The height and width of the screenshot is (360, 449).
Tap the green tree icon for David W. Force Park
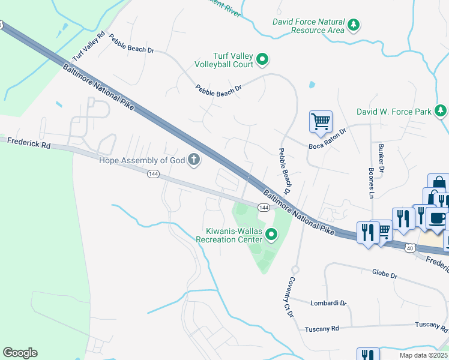click(441, 111)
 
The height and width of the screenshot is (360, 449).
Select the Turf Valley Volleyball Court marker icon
click(262, 59)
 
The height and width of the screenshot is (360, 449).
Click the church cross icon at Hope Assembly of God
click(193, 159)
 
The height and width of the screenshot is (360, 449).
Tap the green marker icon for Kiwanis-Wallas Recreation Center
click(271, 234)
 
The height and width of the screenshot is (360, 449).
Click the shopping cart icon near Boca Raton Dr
click(321, 121)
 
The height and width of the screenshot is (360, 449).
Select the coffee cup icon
click(438, 218)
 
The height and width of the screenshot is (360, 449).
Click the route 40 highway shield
click(409, 247)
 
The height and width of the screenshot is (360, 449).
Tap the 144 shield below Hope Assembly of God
click(153, 174)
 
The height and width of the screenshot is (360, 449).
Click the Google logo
click(20, 353)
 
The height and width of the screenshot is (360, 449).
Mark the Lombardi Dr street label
click(329, 303)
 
